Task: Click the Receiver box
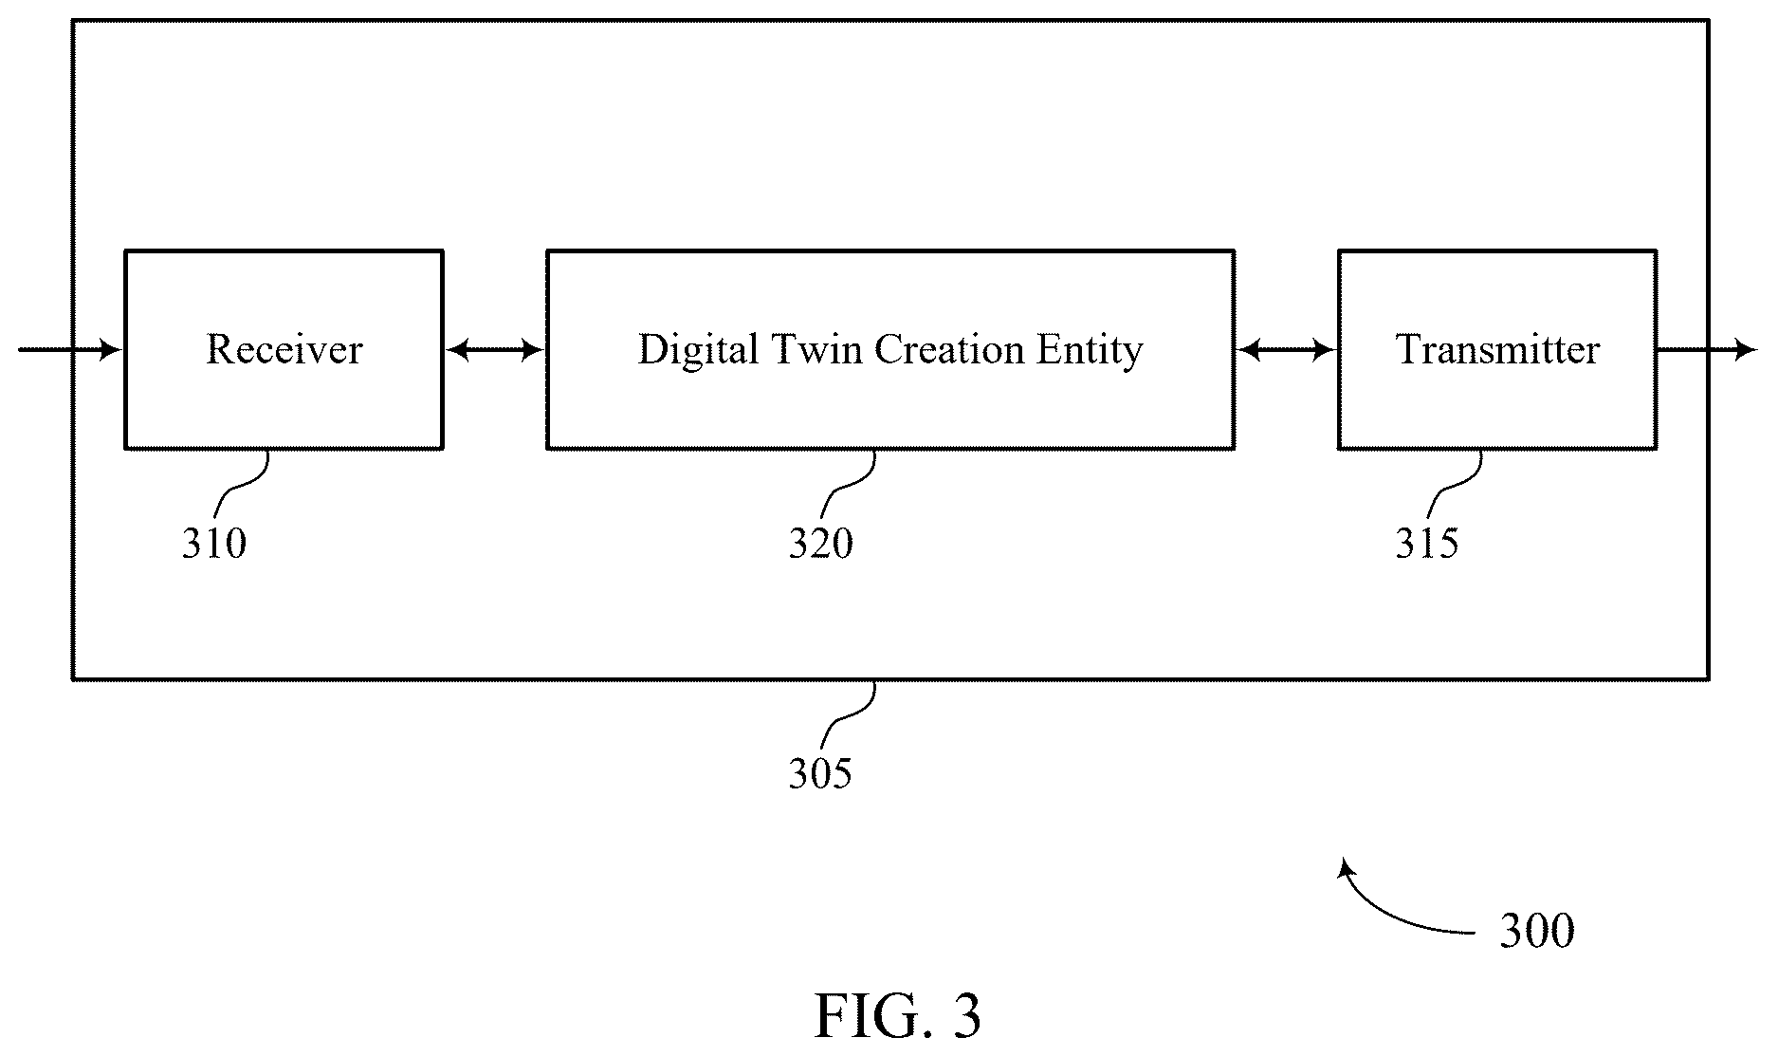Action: tap(284, 349)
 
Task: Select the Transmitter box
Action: tap(1497, 349)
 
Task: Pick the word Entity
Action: tap(1090, 350)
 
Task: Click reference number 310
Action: tap(214, 544)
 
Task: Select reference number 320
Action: tap(821, 544)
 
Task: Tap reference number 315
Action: tap(1426, 544)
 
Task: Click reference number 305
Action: tap(821, 774)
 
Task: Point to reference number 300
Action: tap(1536, 931)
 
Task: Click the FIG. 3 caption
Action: tap(897, 1016)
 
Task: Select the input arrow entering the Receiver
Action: tap(70, 350)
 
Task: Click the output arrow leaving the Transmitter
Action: tap(1707, 350)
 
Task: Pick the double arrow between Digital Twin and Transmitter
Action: tap(1286, 351)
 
